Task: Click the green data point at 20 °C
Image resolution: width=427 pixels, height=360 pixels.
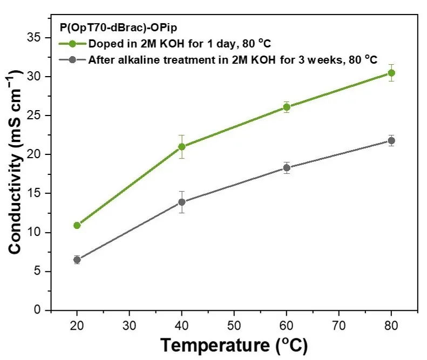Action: click(77, 225)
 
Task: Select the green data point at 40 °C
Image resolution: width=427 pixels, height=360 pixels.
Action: click(182, 146)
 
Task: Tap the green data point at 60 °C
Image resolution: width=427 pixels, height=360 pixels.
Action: click(287, 107)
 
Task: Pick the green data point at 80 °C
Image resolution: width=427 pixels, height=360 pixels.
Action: click(391, 73)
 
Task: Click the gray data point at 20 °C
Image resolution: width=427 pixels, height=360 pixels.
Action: click(77, 260)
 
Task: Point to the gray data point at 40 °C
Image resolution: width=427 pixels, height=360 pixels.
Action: click(182, 202)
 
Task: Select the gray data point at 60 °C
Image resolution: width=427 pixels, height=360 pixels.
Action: click(287, 168)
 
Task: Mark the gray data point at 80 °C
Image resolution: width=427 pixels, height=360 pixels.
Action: click(391, 141)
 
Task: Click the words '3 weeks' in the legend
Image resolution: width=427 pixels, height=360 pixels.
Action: click(318, 59)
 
